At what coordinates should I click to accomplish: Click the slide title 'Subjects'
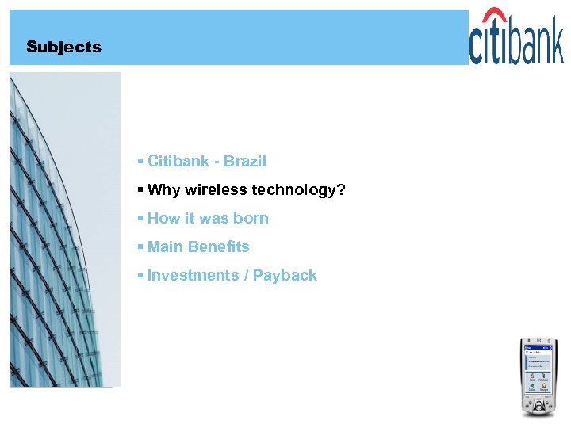click(x=63, y=47)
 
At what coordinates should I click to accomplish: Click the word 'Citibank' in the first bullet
click(x=178, y=161)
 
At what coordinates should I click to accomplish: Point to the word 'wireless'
click(x=216, y=189)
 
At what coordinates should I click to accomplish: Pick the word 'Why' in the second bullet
click(x=164, y=189)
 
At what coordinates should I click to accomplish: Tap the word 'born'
click(x=251, y=218)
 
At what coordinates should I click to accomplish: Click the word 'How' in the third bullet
click(x=164, y=218)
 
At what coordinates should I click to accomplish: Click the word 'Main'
click(x=165, y=246)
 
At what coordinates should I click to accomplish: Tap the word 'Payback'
click(x=285, y=275)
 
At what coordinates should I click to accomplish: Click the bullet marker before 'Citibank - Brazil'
click(x=140, y=161)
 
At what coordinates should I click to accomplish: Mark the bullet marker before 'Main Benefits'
click(x=140, y=246)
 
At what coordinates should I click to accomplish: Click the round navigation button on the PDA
click(x=539, y=405)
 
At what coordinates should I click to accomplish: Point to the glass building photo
click(x=63, y=230)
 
